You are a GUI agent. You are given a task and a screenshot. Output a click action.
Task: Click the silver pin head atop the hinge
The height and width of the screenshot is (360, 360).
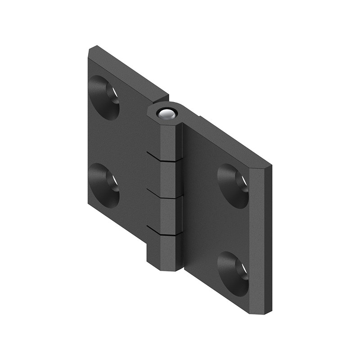click(x=166, y=114)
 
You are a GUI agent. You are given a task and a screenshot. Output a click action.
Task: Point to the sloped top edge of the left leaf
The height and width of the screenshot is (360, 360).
click(x=130, y=71)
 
